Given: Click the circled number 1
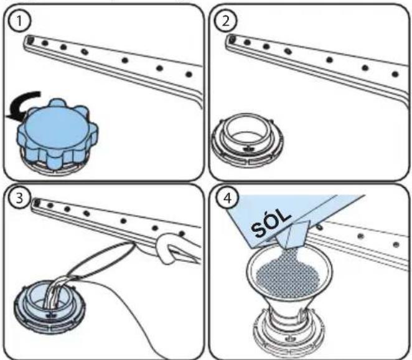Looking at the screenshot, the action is [20, 21].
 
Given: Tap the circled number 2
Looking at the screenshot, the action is [226, 21].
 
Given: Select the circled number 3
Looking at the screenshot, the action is [20, 198].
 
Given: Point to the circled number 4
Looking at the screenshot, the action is [227, 199].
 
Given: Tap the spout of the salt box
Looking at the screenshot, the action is [294, 234].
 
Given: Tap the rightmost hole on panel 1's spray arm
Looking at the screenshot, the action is [189, 75].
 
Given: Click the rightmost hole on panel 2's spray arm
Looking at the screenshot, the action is [395, 74].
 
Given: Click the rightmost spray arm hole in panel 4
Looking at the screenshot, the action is [396, 245].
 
